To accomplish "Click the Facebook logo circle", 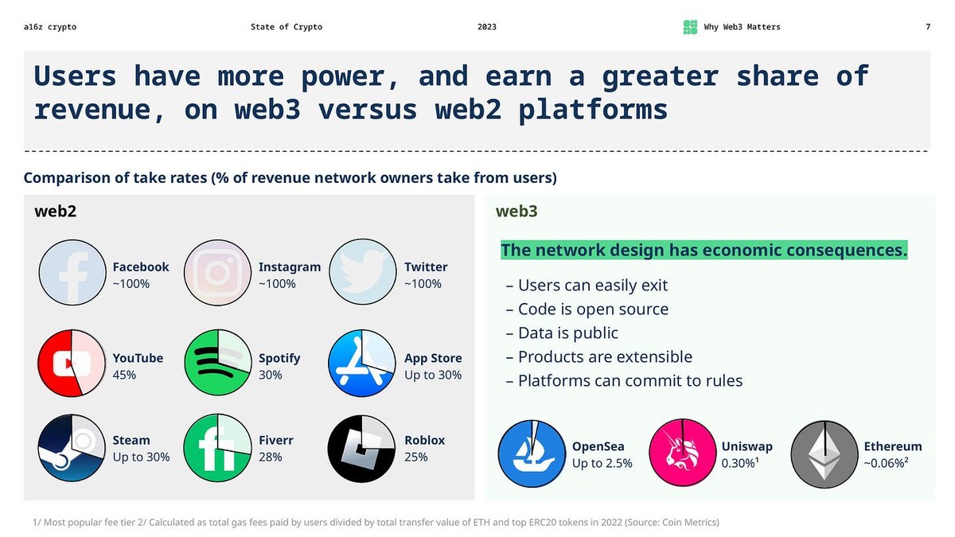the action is tap(72, 273).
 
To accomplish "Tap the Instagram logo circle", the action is tap(217, 273).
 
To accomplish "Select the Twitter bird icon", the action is tap(363, 272).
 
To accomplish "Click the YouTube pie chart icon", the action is tap(72, 363).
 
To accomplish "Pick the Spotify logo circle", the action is tap(217, 363).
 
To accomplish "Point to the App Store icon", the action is tap(362, 363).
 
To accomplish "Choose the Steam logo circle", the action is tap(72, 448).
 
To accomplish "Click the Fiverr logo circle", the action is tap(217, 448).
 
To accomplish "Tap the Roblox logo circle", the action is tap(361, 449).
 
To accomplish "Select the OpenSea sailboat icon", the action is tap(532, 453).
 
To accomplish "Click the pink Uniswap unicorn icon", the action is tap(683, 453).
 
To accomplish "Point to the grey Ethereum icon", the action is tap(824, 454).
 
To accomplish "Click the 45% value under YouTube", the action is tap(124, 375).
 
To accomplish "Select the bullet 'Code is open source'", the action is tap(587, 309).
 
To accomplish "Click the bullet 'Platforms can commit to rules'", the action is tap(624, 381).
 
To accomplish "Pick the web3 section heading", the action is tap(516, 212).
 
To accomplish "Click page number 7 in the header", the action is tap(928, 27).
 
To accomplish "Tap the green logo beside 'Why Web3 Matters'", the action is tap(690, 27).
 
